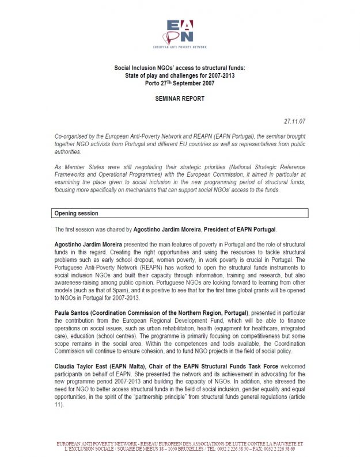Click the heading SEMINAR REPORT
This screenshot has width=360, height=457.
179,99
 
